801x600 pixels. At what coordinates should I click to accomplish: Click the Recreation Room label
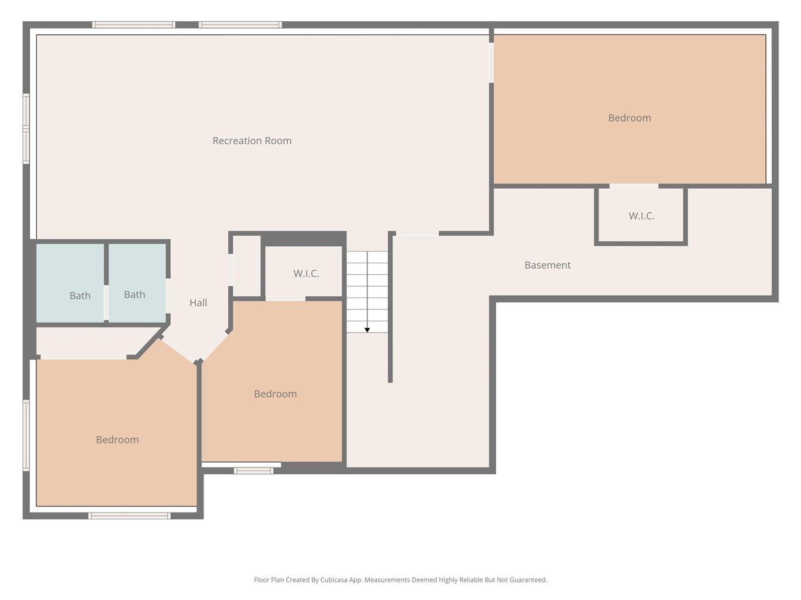pyautogui.click(x=252, y=141)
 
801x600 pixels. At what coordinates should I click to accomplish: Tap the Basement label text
pyautogui.click(x=548, y=265)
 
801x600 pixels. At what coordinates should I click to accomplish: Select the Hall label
pyautogui.click(x=198, y=302)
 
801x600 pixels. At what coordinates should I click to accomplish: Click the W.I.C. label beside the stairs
pyautogui.click(x=306, y=274)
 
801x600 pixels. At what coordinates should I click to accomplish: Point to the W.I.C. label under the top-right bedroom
pyautogui.click(x=641, y=216)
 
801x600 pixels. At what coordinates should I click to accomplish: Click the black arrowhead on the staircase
pyautogui.click(x=367, y=330)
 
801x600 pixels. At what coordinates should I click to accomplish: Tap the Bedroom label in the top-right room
pyautogui.click(x=630, y=118)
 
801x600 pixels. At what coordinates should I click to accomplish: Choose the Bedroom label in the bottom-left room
pyautogui.click(x=117, y=440)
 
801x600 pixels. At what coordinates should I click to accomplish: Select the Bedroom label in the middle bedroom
pyautogui.click(x=275, y=394)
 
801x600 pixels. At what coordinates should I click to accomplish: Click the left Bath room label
pyautogui.click(x=80, y=296)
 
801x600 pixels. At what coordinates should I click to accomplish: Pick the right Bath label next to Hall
pyautogui.click(x=135, y=294)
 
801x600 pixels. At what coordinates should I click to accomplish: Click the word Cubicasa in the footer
pyautogui.click(x=334, y=580)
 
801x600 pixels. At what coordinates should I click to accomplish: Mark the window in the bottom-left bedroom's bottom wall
pyautogui.click(x=129, y=516)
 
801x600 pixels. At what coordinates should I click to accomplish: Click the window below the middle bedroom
pyautogui.click(x=253, y=471)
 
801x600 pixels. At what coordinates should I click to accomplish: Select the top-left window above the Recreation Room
pyautogui.click(x=133, y=25)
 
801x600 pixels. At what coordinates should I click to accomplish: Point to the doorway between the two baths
pyautogui.click(x=106, y=302)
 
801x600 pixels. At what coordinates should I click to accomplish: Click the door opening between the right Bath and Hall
pyautogui.click(x=168, y=296)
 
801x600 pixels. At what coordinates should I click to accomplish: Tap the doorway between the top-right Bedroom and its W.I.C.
pyautogui.click(x=634, y=186)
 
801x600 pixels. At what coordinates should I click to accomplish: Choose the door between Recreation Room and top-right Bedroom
pyautogui.click(x=491, y=62)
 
